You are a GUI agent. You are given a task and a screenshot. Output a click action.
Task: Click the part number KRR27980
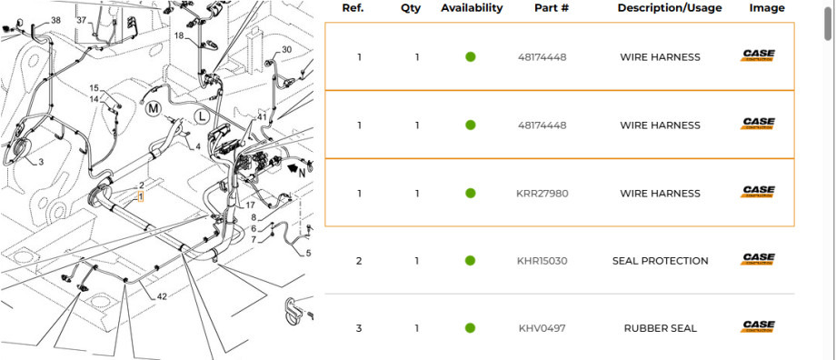542,194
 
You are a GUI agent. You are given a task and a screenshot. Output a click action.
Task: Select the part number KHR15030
542,261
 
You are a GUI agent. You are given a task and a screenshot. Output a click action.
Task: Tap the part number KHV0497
542,328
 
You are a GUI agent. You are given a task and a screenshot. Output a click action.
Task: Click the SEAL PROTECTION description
660,261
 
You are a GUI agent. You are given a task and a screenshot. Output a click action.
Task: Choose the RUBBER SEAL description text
660,328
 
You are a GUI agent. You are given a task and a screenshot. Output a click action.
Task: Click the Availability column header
471,8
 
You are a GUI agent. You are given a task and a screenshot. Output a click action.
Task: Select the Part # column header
552,8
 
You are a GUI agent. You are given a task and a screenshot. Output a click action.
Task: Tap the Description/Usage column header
669,8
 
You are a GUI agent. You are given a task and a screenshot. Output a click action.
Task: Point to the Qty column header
411,8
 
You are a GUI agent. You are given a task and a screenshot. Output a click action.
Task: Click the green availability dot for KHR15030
471,261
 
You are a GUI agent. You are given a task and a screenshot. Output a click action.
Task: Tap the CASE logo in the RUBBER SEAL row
758,326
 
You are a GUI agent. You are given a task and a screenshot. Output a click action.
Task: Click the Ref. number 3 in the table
359,328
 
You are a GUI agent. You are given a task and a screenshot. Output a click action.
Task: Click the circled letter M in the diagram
154,108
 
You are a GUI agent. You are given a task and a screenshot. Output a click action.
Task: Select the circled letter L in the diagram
202,115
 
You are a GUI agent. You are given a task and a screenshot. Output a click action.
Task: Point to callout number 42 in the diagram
162,296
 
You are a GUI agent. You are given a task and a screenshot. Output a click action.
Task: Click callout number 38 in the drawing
56,20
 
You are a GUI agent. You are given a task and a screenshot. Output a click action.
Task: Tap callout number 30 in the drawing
286,50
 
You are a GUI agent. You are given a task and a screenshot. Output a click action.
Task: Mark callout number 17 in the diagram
250,205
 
